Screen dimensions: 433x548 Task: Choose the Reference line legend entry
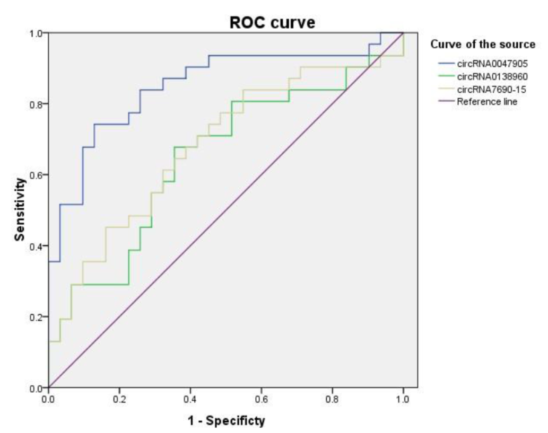(x=488, y=102)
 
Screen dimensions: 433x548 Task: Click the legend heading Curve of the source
(x=483, y=45)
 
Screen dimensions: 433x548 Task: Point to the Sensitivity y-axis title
(x=20, y=210)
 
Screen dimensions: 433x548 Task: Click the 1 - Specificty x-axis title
(x=226, y=421)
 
